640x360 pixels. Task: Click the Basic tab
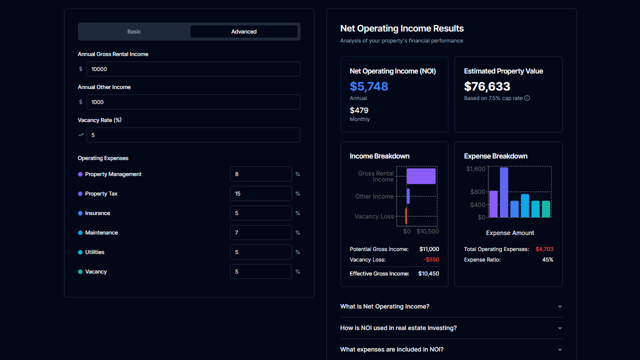134,31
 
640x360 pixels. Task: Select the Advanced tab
243,31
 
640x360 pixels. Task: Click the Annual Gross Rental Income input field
193,69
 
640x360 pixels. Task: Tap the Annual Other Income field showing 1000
193,102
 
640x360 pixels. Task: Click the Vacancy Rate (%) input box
193,135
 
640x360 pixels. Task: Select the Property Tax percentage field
260,193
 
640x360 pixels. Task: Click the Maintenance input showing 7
260,232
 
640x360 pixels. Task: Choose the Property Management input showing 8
260,174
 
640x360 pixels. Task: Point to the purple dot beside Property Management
80,174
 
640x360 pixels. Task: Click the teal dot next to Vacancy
80,272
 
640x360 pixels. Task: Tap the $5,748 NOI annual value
369,86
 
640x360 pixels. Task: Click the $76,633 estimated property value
487,86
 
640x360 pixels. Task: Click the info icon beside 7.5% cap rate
527,98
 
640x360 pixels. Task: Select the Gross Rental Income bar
421,176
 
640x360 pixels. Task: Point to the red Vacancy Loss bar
406,216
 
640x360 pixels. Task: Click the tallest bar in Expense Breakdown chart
504,192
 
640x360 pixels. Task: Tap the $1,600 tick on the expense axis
475,169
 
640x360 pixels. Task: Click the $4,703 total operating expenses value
544,249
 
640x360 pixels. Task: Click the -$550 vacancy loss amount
430,259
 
